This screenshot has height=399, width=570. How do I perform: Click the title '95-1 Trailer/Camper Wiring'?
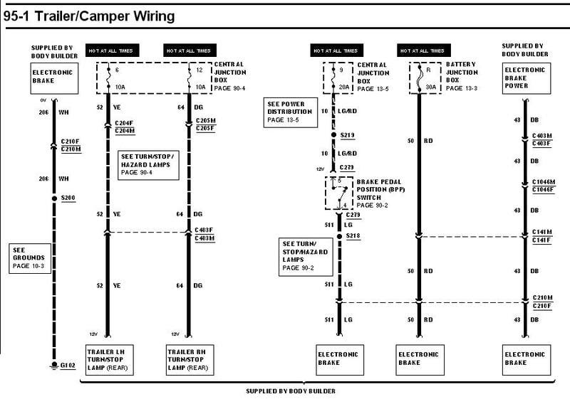tap(89, 15)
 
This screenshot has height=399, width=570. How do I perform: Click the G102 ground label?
tap(68, 366)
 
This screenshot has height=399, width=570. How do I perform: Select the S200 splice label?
tap(68, 198)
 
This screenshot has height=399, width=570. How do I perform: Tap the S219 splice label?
tap(347, 134)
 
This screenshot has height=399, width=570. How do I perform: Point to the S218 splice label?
tap(353, 235)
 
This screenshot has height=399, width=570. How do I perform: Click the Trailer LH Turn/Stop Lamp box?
tap(108, 359)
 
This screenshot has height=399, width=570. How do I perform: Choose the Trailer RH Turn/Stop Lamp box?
tap(187, 359)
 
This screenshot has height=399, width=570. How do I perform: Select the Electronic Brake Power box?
tap(526, 78)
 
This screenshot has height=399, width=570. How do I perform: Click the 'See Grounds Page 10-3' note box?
tap(29, 258)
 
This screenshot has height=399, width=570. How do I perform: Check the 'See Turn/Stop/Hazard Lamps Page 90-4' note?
tap(146, 164)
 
